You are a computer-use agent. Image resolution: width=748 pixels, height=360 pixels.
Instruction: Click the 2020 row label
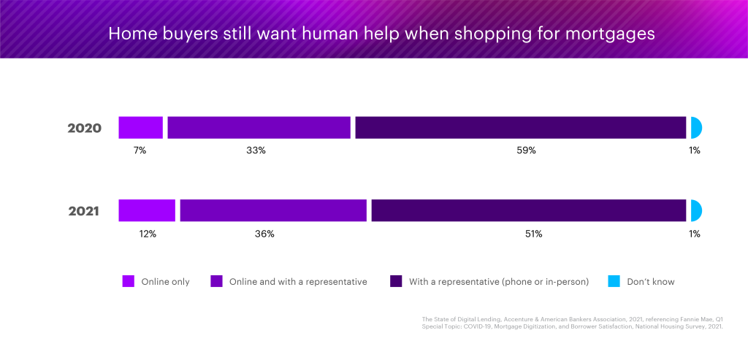[x=84, y=129]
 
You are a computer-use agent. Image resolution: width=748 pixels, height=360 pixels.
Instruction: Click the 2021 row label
[x=84, y=212]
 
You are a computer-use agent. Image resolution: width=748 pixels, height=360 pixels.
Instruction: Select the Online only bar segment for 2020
[x=140, y=128]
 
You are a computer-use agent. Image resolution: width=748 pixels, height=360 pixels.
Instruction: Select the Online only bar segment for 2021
[x=147, y=210]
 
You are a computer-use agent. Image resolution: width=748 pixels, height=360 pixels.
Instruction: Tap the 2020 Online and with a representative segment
[x=259, y=128]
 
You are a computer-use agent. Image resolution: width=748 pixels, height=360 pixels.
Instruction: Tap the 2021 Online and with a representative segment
[x=272, y=210]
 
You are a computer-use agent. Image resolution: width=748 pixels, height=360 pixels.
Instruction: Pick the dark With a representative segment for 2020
[x=520, y=128]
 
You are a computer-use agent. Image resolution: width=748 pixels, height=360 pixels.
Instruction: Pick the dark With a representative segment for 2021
[x=528, y=210]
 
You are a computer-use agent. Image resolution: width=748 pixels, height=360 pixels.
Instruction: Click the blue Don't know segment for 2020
[x=695, y=128]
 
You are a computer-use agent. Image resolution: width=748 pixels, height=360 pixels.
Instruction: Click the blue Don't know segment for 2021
[x=695, y=210]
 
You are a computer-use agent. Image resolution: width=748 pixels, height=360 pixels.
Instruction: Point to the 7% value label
[x=140, y=150]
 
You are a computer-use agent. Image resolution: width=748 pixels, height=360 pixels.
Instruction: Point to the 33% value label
[x=256, y=150]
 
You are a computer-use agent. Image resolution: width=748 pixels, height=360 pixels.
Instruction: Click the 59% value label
[x=527, y=150]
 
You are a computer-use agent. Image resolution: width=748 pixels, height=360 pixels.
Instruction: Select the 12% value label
[x=147, y=234]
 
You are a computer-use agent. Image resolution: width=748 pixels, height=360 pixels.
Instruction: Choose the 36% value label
[x=264, y=234]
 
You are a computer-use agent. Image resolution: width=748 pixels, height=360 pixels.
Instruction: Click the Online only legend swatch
[x=129, y=281]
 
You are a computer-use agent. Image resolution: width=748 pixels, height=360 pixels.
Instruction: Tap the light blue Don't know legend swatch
[x=614, y=281]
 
